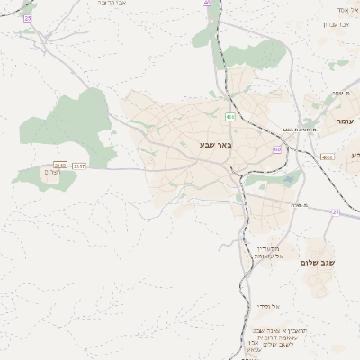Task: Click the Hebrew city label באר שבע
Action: pos(216,144)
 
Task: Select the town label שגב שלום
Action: pos(323,263)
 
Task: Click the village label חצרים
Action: pos(51,172)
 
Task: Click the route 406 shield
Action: pos(230,117)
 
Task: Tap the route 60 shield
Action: pos(277,148)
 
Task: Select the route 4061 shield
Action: pos(327,156)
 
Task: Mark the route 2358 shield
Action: pos(60,166)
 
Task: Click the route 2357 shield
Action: pos(79,166)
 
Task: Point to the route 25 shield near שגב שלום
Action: pos(335,212)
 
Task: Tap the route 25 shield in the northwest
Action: pos(28,18)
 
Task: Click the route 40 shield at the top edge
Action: pos(208,3)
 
